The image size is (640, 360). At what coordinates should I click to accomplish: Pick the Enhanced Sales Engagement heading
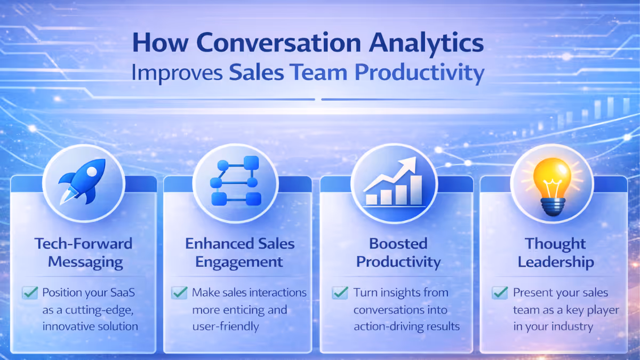coord(240,253)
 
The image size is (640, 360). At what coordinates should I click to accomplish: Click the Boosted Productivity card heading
coord(398,253)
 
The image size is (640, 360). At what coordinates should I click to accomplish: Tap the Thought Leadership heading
coord(556,253)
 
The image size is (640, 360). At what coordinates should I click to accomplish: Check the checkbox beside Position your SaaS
coord(30,293)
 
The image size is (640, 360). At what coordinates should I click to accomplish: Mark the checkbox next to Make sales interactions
coord(179,293)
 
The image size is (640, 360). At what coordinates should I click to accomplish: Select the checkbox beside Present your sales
coord(500,293)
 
